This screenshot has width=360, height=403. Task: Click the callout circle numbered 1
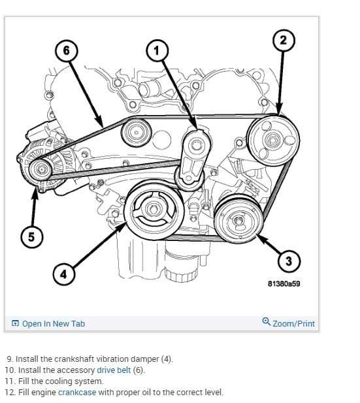156,50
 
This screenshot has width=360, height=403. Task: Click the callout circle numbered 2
283,40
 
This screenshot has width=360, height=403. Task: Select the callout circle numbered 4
63,274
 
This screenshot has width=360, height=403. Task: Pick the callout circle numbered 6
66,50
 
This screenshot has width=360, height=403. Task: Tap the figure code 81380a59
284,284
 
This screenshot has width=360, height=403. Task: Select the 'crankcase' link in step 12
77,393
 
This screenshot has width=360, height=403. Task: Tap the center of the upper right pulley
270,140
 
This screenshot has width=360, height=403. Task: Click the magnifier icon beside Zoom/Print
266,323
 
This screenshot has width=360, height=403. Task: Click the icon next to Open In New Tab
15,323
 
